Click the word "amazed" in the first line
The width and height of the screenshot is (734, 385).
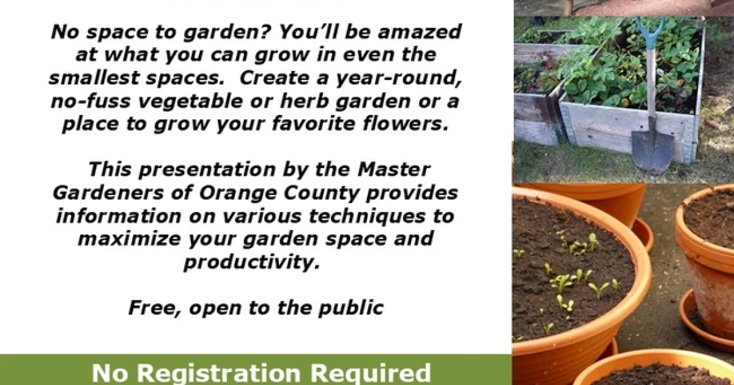tap(420, 32)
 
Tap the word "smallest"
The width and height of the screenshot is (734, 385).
tap(94, 78)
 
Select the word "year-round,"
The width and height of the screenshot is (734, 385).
tap(399, 79)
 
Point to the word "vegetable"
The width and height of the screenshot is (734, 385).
tap(190, 101)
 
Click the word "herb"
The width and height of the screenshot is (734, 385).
tap(304, 101)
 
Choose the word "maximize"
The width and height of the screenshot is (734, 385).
tap(129, 239)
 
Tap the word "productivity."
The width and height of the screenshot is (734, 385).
tap(251, 262)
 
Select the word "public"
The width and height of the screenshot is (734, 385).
tap(351, 308)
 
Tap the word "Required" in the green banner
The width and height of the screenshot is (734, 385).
tap(370, 373)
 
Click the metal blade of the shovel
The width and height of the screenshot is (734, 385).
tap(653, 150)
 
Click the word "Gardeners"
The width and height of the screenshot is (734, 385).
tap(108, 194)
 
